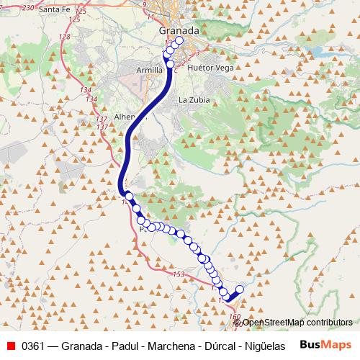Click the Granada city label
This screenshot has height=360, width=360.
point(179,32)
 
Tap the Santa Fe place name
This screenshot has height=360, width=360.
point(58,10)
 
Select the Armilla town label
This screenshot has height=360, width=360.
point(150,70)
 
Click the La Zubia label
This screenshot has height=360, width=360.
point(194,100)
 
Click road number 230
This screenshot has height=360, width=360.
point(29,6)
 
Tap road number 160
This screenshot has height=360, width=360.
point(235,316)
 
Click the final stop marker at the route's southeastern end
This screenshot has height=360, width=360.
point(240,289)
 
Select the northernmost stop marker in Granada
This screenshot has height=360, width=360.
point(179,41)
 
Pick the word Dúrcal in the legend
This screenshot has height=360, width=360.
point(216,346)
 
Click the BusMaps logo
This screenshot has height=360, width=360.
point(325,345)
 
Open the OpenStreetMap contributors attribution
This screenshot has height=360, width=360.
point(297,323)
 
